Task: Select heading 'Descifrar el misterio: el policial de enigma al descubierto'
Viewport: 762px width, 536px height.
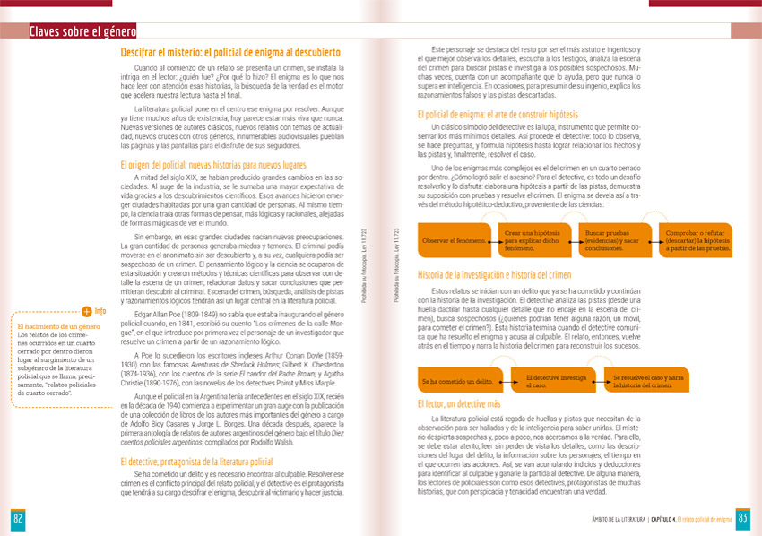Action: pos(229,53)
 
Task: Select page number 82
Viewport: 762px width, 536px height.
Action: pos(17,520)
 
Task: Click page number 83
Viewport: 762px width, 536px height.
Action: pos(744,520)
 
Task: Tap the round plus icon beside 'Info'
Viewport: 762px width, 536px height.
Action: pos(86,312)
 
